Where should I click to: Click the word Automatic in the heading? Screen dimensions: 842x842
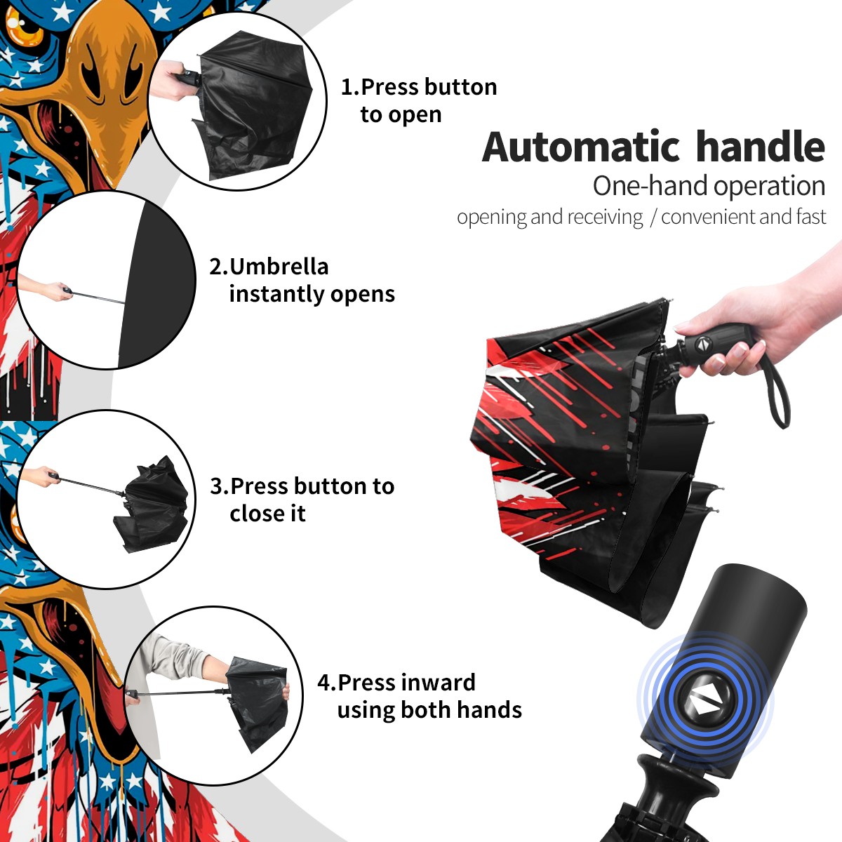pos(581,147)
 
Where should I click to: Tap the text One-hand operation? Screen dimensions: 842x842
pos(709,186)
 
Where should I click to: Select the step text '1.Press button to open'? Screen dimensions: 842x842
pos(419,100)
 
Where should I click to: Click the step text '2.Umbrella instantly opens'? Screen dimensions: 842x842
pos(302,280)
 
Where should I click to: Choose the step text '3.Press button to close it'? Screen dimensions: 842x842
pos(302,500)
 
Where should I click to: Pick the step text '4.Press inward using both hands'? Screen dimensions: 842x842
pos(420,696)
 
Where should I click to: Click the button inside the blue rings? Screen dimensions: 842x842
pos(704,704)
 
